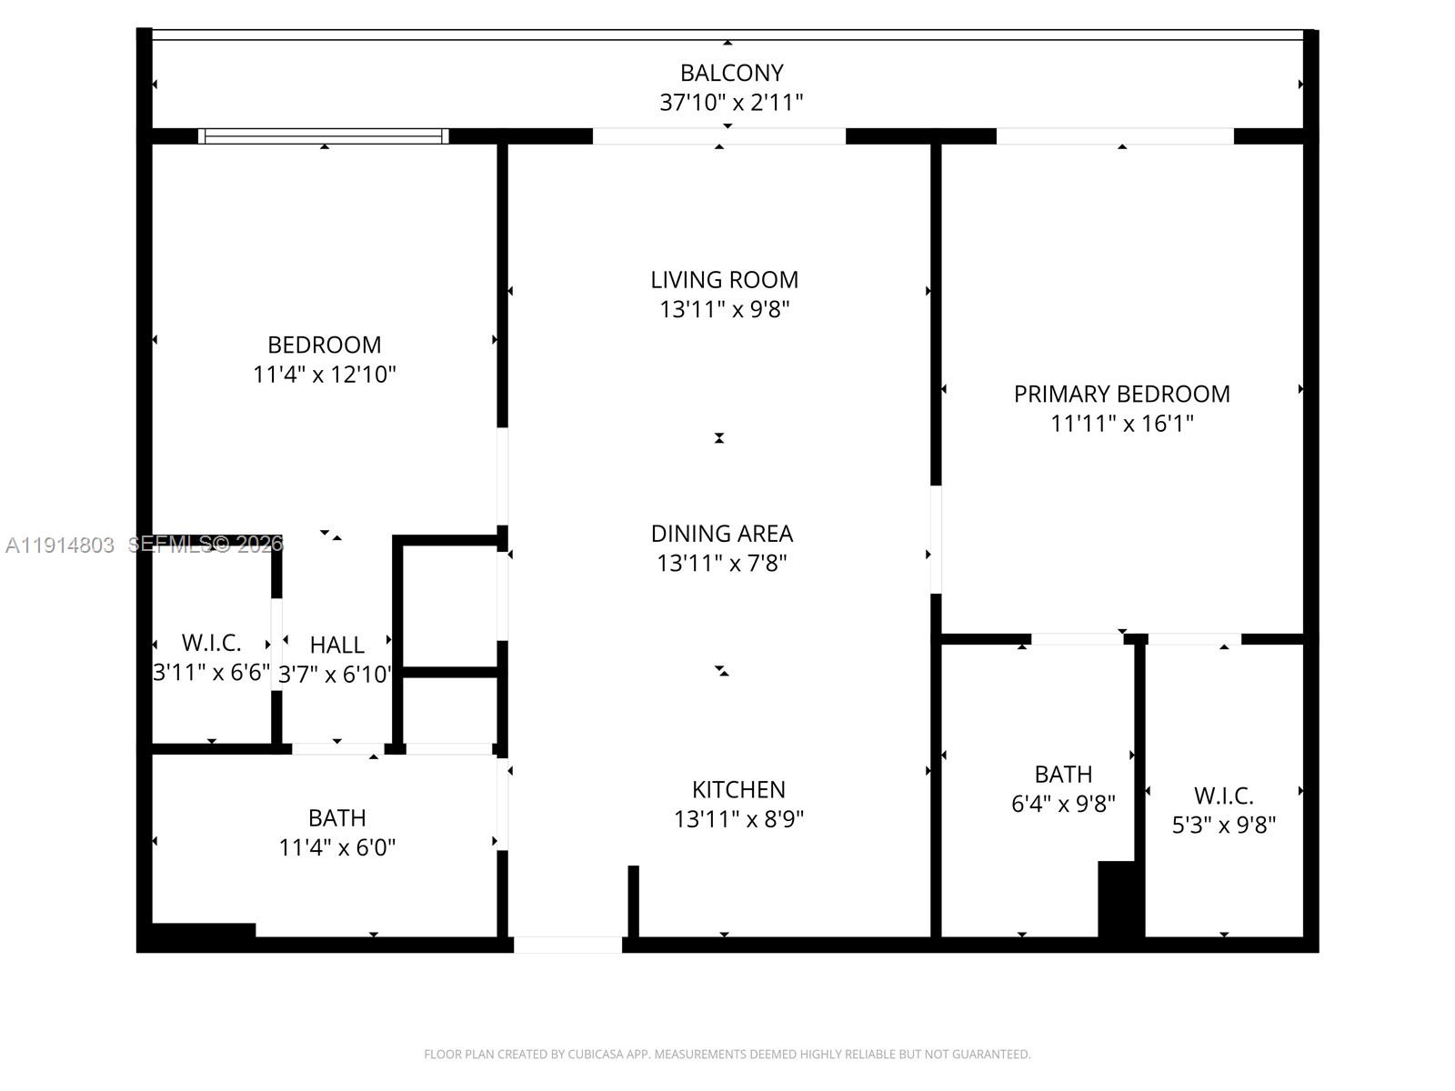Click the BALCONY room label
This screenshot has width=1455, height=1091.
731,73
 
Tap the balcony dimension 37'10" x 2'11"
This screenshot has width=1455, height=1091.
731,103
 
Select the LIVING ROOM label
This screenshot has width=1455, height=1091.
724,280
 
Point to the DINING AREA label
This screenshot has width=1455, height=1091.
722,534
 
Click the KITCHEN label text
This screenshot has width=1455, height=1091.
738,790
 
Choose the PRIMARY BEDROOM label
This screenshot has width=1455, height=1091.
1121,395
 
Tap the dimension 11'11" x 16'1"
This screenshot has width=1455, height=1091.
1121,424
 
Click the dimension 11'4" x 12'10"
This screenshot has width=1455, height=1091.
324,375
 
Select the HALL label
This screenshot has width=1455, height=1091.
336,646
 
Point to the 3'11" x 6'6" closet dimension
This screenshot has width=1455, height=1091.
212,673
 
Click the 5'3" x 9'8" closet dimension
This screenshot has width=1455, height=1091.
1224,825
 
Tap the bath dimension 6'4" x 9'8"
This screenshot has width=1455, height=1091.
1063,804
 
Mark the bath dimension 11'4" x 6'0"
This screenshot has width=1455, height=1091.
336,847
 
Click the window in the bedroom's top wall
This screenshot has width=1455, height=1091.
324,136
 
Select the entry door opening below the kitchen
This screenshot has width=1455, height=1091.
568,945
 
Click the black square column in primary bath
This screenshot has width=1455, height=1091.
1119,899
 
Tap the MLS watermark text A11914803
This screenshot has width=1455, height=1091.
60,545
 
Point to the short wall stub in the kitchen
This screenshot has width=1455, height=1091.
633,901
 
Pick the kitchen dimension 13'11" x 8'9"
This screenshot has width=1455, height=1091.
738,819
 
